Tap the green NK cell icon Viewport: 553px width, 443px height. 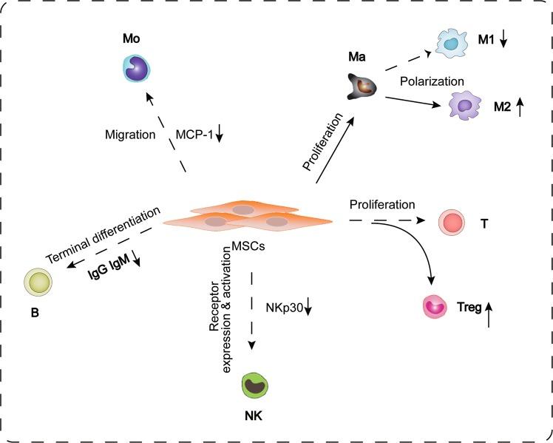pyautogui.click(x=255, y=386)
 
